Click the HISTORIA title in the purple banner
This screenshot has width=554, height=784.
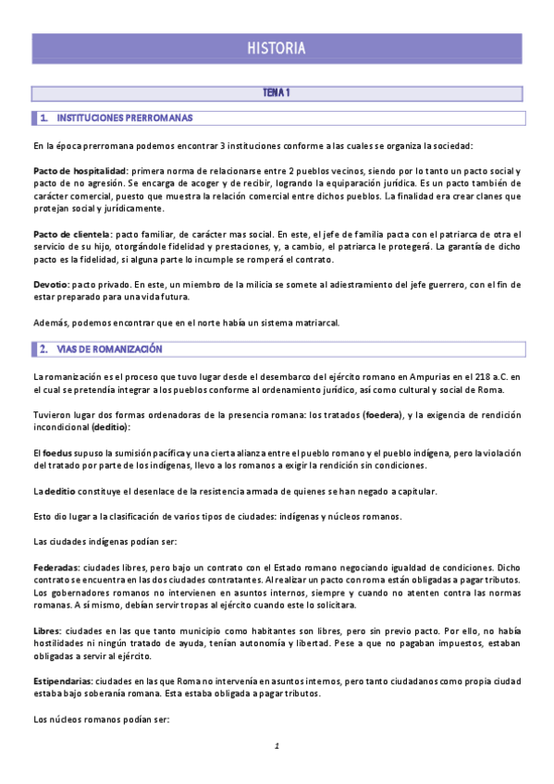click(x=277, y=48)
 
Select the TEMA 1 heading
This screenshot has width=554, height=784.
click(x=277, y=93)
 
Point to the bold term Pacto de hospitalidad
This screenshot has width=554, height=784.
click(x=79, y=172)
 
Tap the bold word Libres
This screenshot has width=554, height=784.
click(x=47, y=629)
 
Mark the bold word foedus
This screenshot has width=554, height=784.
click(x=57, y=452)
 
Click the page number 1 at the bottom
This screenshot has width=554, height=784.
click(x=276, y=745)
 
